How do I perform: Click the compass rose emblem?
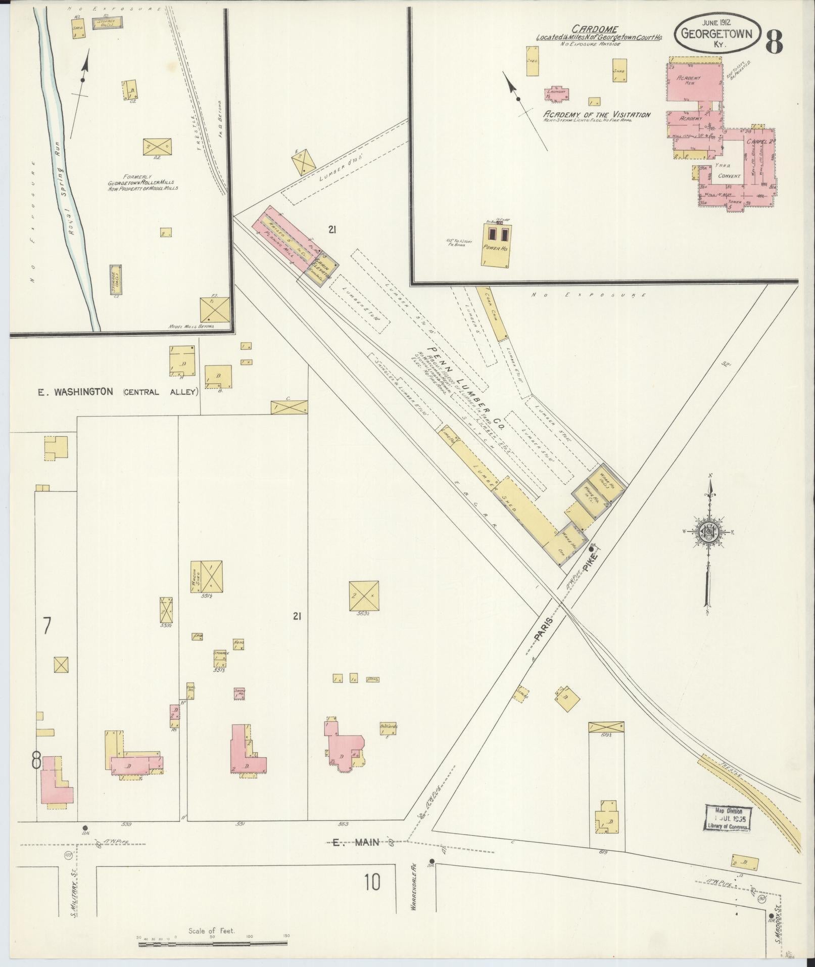pyautogui.click(x=709, y=532)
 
